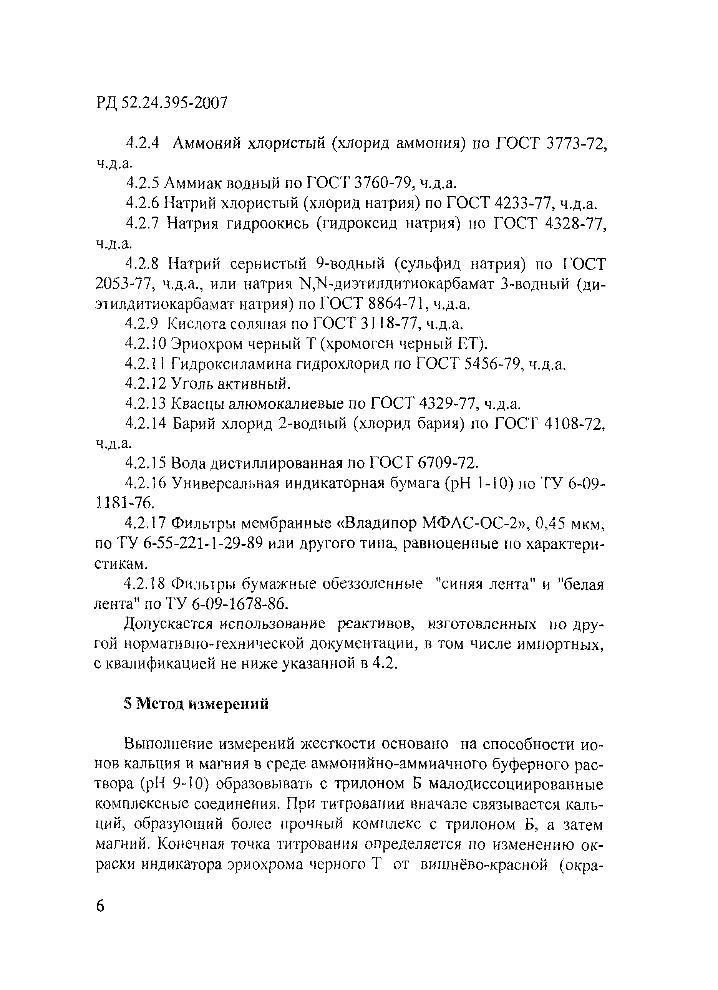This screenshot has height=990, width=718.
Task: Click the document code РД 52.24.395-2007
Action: (162, 103)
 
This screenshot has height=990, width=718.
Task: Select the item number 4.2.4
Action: (143, 143)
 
